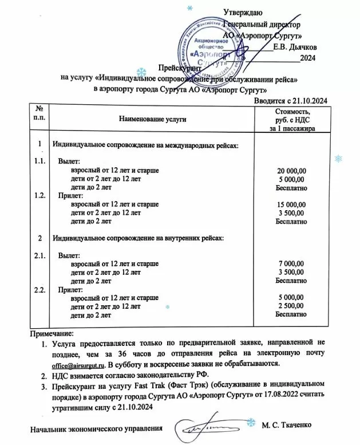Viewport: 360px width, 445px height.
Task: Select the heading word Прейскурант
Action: pos(178,68)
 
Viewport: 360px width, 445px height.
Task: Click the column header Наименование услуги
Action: pos(153,119)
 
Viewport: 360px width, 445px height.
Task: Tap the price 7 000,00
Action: pos(292,263)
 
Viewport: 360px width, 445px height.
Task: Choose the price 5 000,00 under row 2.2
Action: pos(292,297)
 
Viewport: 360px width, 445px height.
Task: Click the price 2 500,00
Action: pos(292,306)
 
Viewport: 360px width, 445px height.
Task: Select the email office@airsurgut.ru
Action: pos(78,363)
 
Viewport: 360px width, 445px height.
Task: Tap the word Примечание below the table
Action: pos(54,333)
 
